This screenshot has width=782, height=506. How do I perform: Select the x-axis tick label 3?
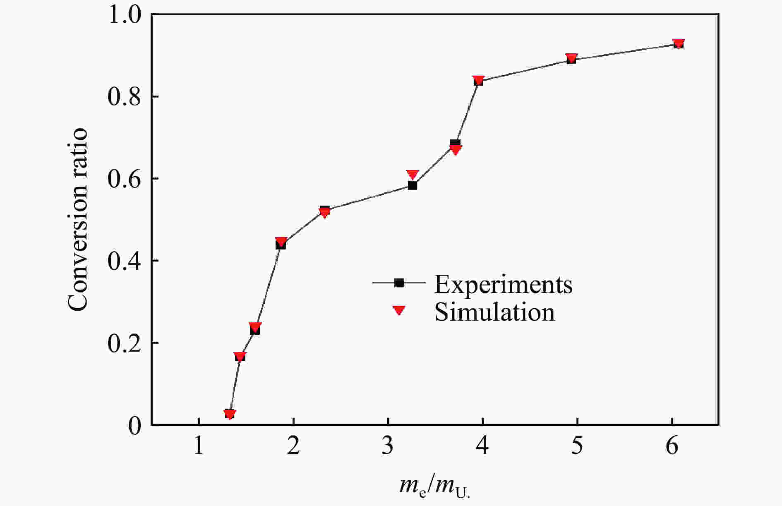(388, 446)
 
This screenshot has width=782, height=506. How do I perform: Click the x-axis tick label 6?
(672, 446)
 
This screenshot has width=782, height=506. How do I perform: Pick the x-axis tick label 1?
(199, 446)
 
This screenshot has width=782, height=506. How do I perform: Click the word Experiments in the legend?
(503, 284)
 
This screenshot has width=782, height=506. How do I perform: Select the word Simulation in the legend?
(494, 312)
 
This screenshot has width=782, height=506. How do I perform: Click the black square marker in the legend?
(399, 283)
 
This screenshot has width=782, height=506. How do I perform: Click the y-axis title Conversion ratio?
(78, 219)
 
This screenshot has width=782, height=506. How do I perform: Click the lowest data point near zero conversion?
(230, 414)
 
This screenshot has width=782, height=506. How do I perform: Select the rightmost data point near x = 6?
(678, 44)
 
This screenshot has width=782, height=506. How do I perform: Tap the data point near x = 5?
(571, 59)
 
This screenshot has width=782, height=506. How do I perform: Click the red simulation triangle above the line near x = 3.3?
(413, 175)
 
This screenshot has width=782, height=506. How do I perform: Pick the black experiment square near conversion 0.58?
(413, 185)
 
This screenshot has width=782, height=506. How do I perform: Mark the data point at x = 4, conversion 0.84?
(479, 81)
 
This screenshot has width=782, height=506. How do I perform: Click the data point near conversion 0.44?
(281, 244)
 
